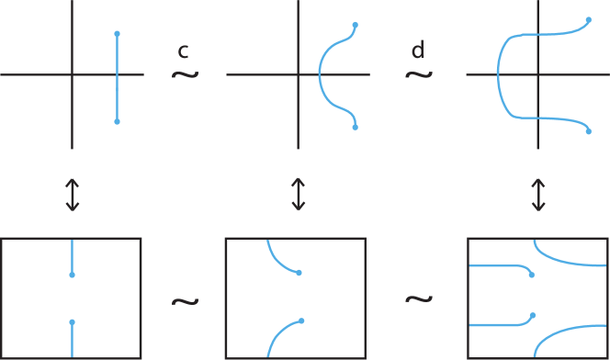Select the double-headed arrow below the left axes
(73, 194)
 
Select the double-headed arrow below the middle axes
(298, 194)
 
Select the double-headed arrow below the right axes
(538, 194)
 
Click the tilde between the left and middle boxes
(186, 301)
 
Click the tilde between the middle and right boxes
(419, 301)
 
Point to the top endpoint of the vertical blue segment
(118, 34)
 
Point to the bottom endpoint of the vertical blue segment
(118, 120)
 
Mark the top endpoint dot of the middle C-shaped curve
(355, 25)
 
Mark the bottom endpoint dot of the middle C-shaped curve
(355, 128)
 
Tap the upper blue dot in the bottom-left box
(72, 274)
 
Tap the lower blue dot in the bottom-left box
(72, 321)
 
